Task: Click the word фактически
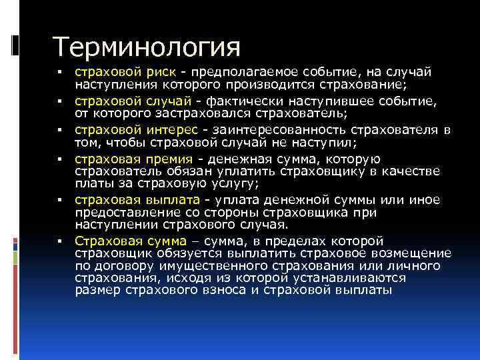[236, 101]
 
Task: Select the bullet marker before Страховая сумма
[59, 242]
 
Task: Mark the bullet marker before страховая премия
[59, 160]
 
